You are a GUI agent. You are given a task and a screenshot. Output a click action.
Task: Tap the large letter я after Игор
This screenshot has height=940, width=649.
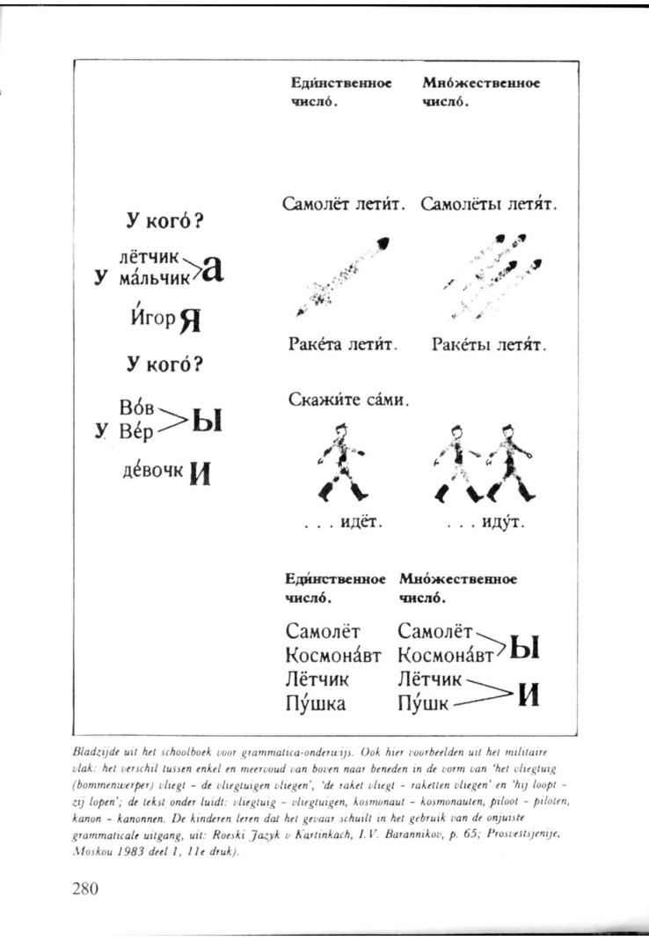(191, 322)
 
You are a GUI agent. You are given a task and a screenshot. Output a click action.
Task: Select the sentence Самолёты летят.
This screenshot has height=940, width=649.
(490, 205)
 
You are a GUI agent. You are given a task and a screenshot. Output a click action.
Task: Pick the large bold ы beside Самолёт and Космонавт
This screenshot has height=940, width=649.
(524, 648)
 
